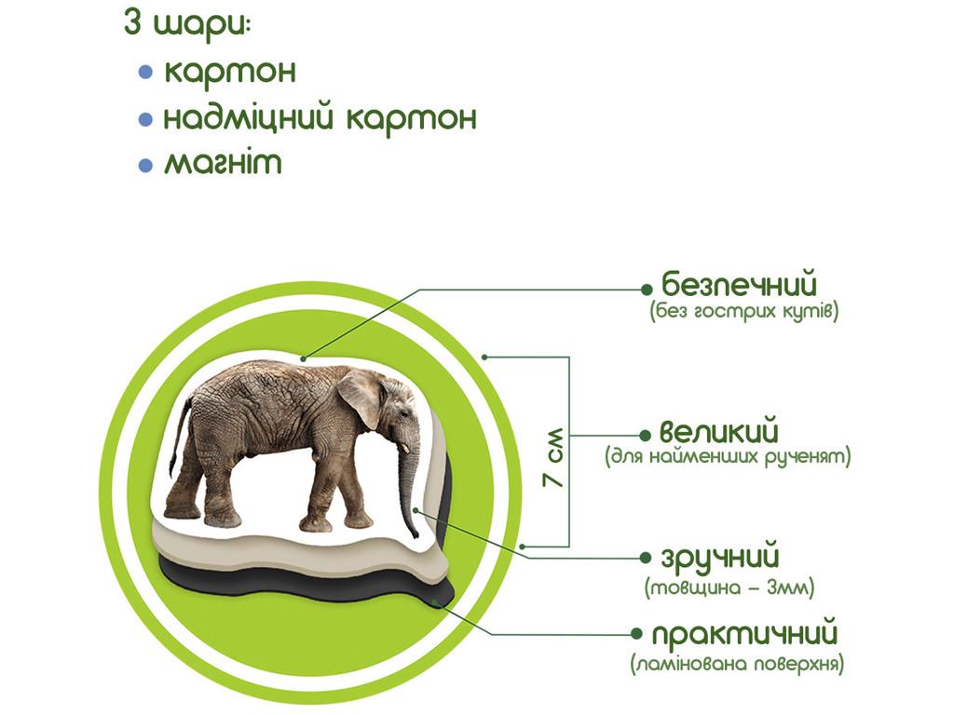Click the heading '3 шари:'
tap(186, 24)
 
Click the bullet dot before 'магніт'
tap(144, 166)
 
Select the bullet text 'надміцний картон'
tap(320, 118)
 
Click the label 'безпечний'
tap(739, 282)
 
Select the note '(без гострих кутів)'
tap(744, 311)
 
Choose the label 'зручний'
tap(719, 559)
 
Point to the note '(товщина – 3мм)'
tap(729, 587)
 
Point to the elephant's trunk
tap(407, 484)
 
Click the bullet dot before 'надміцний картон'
tap(144, 119)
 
